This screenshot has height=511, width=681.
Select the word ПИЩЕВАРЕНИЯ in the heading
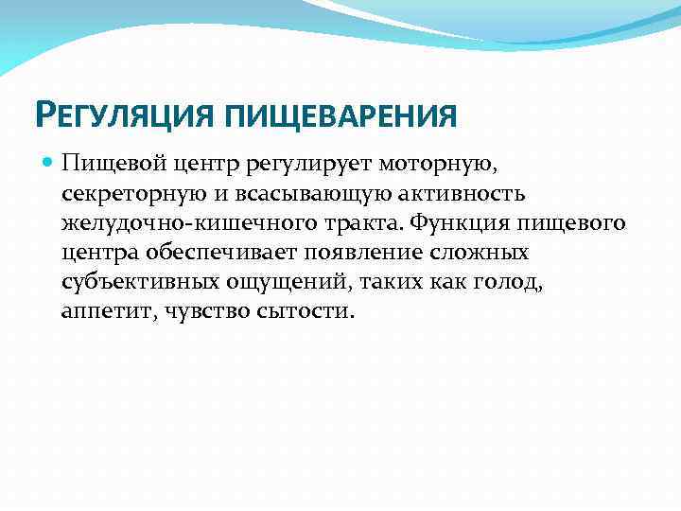[x=341, y=116]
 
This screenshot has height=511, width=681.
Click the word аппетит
[x=100, y=311]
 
